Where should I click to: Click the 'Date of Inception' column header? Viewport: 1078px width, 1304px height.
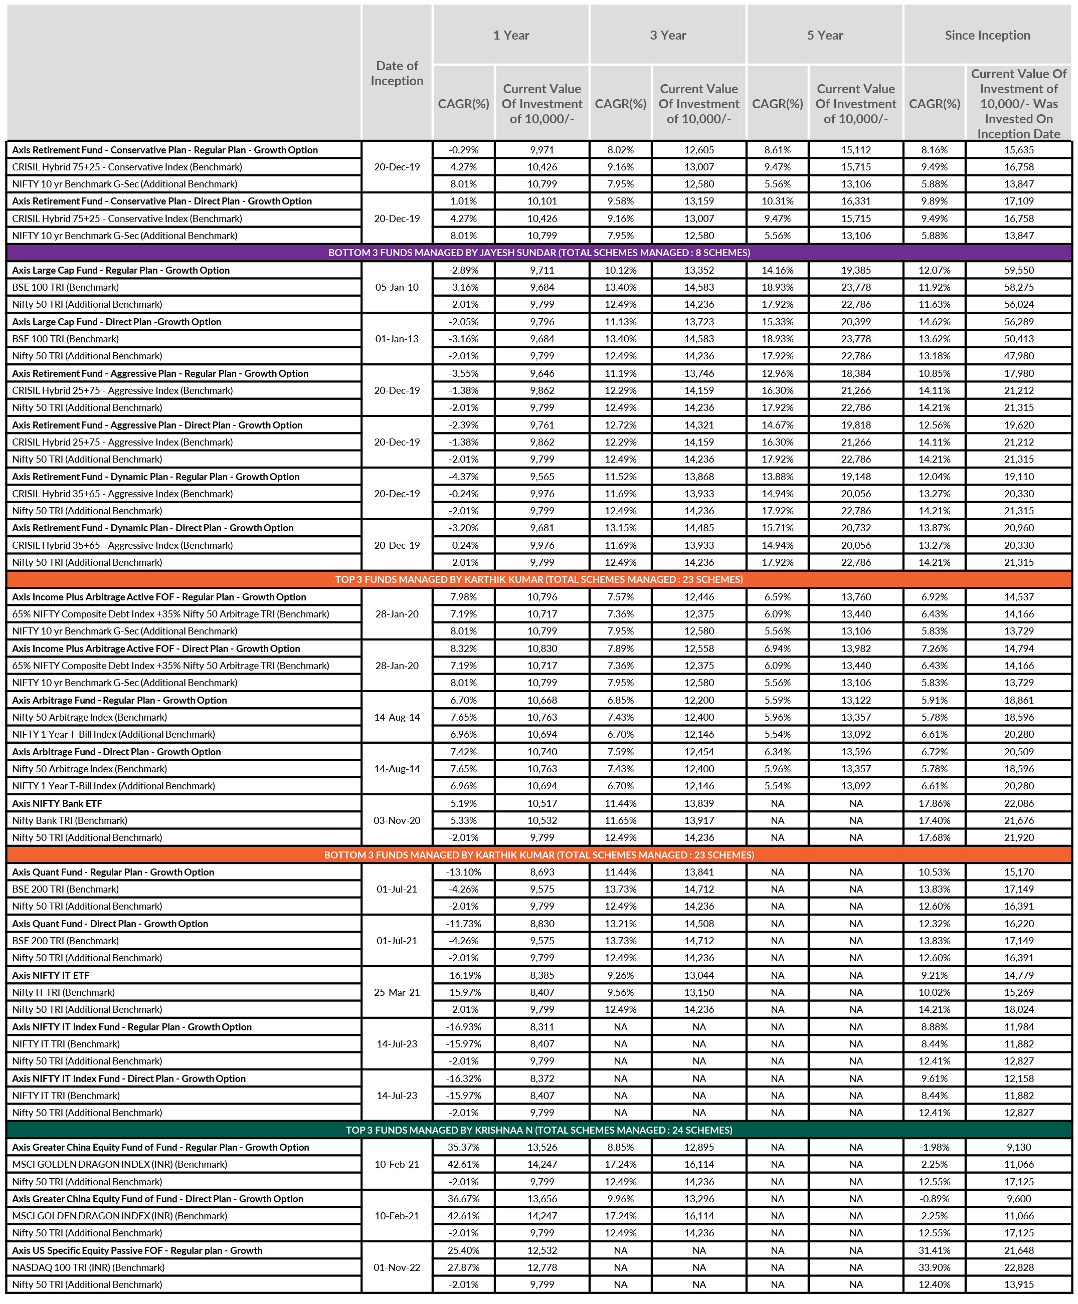click(x=397, y=73)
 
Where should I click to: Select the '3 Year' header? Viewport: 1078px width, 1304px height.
click(x=667, y=36)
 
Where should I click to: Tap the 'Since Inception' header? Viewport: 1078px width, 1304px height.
click(x=987, y=36)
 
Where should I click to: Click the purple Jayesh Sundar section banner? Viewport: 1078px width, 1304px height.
click(x=539, y=253)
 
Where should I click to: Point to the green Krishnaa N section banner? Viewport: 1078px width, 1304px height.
click(x=539, y=1130)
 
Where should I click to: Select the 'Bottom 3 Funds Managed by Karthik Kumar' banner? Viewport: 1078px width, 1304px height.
click(x=539, y=854)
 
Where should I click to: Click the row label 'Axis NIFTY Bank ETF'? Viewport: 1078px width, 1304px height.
click(x=57, y=803)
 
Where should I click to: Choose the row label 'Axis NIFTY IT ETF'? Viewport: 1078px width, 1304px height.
click(x=51, y=975)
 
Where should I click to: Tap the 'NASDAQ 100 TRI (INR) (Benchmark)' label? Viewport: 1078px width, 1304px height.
click(x=89, y=1267)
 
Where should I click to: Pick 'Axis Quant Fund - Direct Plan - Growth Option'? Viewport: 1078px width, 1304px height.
click(x=110, y=924)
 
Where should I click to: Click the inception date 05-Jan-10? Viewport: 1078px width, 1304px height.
click(x=397, y=287)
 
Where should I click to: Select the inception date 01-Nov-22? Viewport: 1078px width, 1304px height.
click(x=397, y=1267)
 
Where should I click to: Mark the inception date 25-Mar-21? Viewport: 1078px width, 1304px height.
click(x=397, y=992)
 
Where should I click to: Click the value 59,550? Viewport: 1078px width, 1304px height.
click(x=1018, y=270)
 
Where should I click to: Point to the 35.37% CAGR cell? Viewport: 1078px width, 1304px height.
click(x=463, y=1147)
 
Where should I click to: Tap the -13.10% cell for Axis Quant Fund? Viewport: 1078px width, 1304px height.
click(x=463, y=872)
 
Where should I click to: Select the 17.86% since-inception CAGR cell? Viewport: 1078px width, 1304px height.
click(x=934, y=803)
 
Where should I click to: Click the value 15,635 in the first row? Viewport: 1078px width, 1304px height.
click(x=1018, y=149)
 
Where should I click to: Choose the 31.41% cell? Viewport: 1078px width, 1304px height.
click(x=934, y=1250)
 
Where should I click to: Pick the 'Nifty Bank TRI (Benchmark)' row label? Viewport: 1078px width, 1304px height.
click(x=70, y=820)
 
